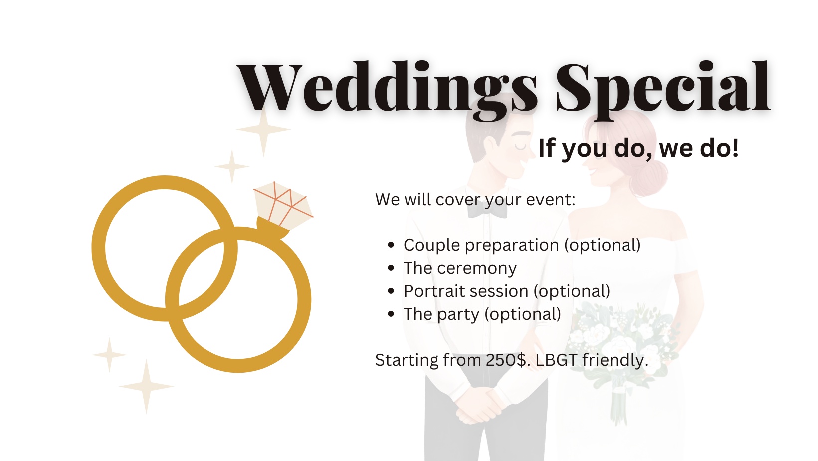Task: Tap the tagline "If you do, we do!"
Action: click(x=639, y=148)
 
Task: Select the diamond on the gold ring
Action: click(x=283, y=206)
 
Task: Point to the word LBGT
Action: click(x=557, y=360)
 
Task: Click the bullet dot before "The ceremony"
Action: click(x=391, y=268)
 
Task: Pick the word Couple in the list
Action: click(x=431, y=246)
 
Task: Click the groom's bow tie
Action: click(x=487, y=210)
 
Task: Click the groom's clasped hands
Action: click(x=478, y=406)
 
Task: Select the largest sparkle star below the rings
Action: click(x=147, y=387)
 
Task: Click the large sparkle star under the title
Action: click(x=263, y=130)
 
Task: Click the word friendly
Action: click(x=615, y=361)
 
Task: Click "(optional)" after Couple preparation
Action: click(x=603, y=245)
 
